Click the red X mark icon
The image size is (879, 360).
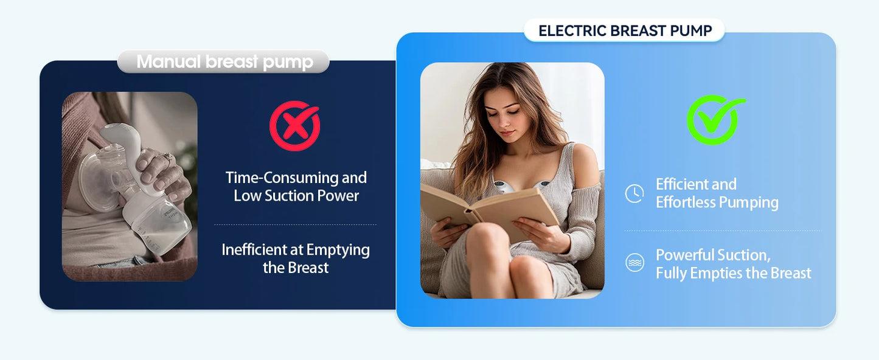294,126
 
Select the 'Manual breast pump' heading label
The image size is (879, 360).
224,61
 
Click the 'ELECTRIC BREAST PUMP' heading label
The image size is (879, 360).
625,31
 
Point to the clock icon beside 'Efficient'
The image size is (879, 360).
634,193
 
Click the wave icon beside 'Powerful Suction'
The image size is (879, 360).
634,263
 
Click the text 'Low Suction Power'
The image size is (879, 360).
296,196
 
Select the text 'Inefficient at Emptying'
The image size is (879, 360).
296,249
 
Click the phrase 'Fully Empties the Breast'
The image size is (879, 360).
733,273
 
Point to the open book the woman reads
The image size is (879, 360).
487,207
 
